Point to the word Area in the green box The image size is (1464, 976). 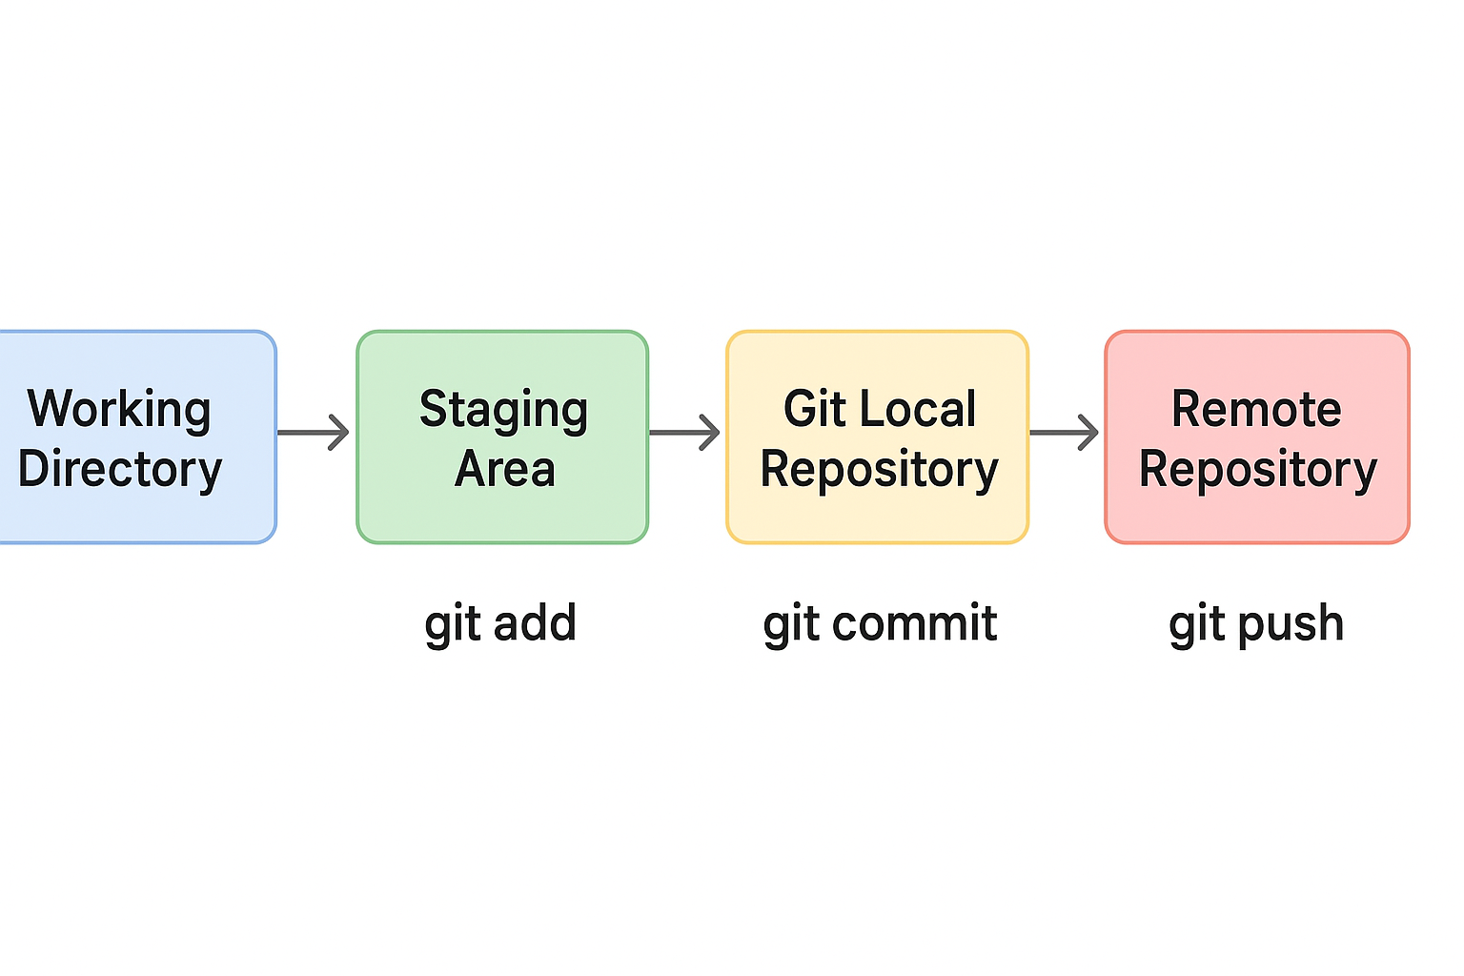click(x=504, y=469)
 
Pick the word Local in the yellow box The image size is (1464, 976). click(x=918, y=409)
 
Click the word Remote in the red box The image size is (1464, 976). click(x=1256, y=409)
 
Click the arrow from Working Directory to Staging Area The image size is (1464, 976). click(x=313, y=432)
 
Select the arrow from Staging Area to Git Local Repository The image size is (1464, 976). click(x=684, y=432)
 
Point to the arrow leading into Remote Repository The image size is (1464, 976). click(x=1064, y=432)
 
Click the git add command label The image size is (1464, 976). click(x=500, y=624)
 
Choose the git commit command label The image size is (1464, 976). click(x=880, y=624)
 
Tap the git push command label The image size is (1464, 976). click(x=1256, y=624)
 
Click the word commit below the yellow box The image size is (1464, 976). click(x=915, y=622)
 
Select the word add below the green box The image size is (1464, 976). click(x=536, y=622)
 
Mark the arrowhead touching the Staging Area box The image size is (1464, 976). click(x=340, y=432)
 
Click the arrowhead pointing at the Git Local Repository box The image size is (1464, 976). click(x=710, y=432)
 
